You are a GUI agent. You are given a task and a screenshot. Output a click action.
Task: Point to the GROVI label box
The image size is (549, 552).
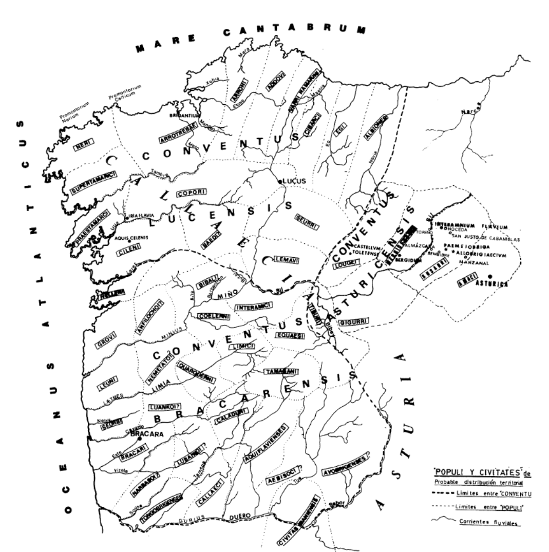point(107,340)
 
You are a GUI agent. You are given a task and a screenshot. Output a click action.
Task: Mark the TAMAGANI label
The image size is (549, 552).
point(279,371)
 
